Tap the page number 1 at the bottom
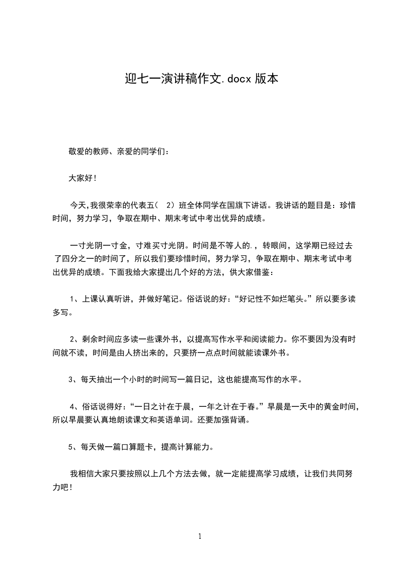coord(200,537)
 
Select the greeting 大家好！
coord(83,178)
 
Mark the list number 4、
coord(73,405)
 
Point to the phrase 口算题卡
coord(138,446)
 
